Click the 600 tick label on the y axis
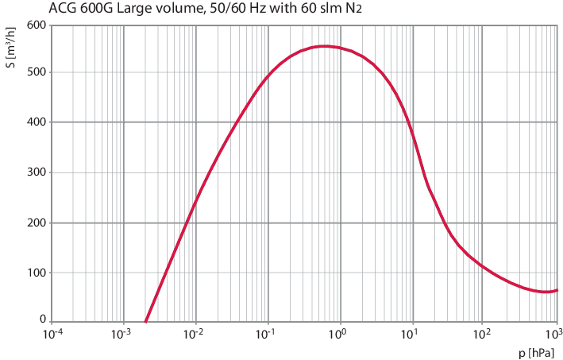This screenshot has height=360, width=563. pyautogui.click(x=37, y=25)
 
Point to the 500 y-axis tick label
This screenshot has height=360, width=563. pyautogui.click(x=37, y=72)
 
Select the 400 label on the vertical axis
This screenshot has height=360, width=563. pyautogui.click(x=37, y=122)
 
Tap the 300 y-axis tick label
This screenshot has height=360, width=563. pyautogui.click(x=37, y=172)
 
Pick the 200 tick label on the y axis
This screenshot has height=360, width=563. pyautogui.click(x=37, y=223)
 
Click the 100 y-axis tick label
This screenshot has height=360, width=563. pyautogui.click(x=37, y=273)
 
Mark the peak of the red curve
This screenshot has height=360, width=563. pyautogui.click(x=323, y=46)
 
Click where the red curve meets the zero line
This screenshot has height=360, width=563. pyautogui.click(x=146, y=321)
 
